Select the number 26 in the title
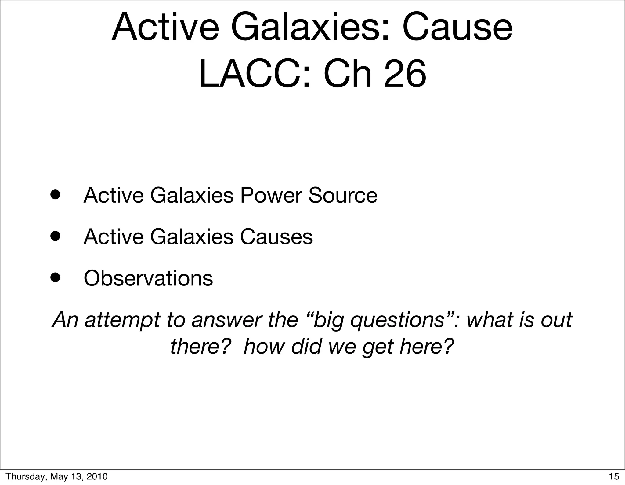click(x=405, y=74)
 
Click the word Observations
click(x=148, y=278)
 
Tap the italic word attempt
click(x=122, y=320)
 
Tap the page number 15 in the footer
click(x=614, y=476)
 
